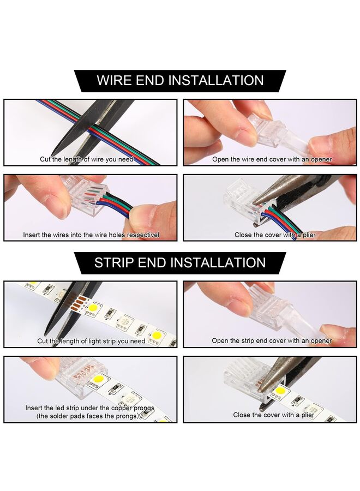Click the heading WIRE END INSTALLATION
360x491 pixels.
(180, 81)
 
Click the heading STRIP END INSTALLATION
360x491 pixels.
(180, 262)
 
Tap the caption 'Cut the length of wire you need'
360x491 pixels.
(87, 159)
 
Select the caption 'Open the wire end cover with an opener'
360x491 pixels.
(272, 159)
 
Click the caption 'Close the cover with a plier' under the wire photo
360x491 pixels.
(275, 235)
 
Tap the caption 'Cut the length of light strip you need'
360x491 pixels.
(91, 340)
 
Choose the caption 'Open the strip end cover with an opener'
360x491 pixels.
(272, 340)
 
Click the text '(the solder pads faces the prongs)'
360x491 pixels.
(87, 416)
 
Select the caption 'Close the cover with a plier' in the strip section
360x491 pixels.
(274, 415)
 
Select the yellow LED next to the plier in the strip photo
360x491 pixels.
(280, 391)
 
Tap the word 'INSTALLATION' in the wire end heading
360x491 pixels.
(216, 81)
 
